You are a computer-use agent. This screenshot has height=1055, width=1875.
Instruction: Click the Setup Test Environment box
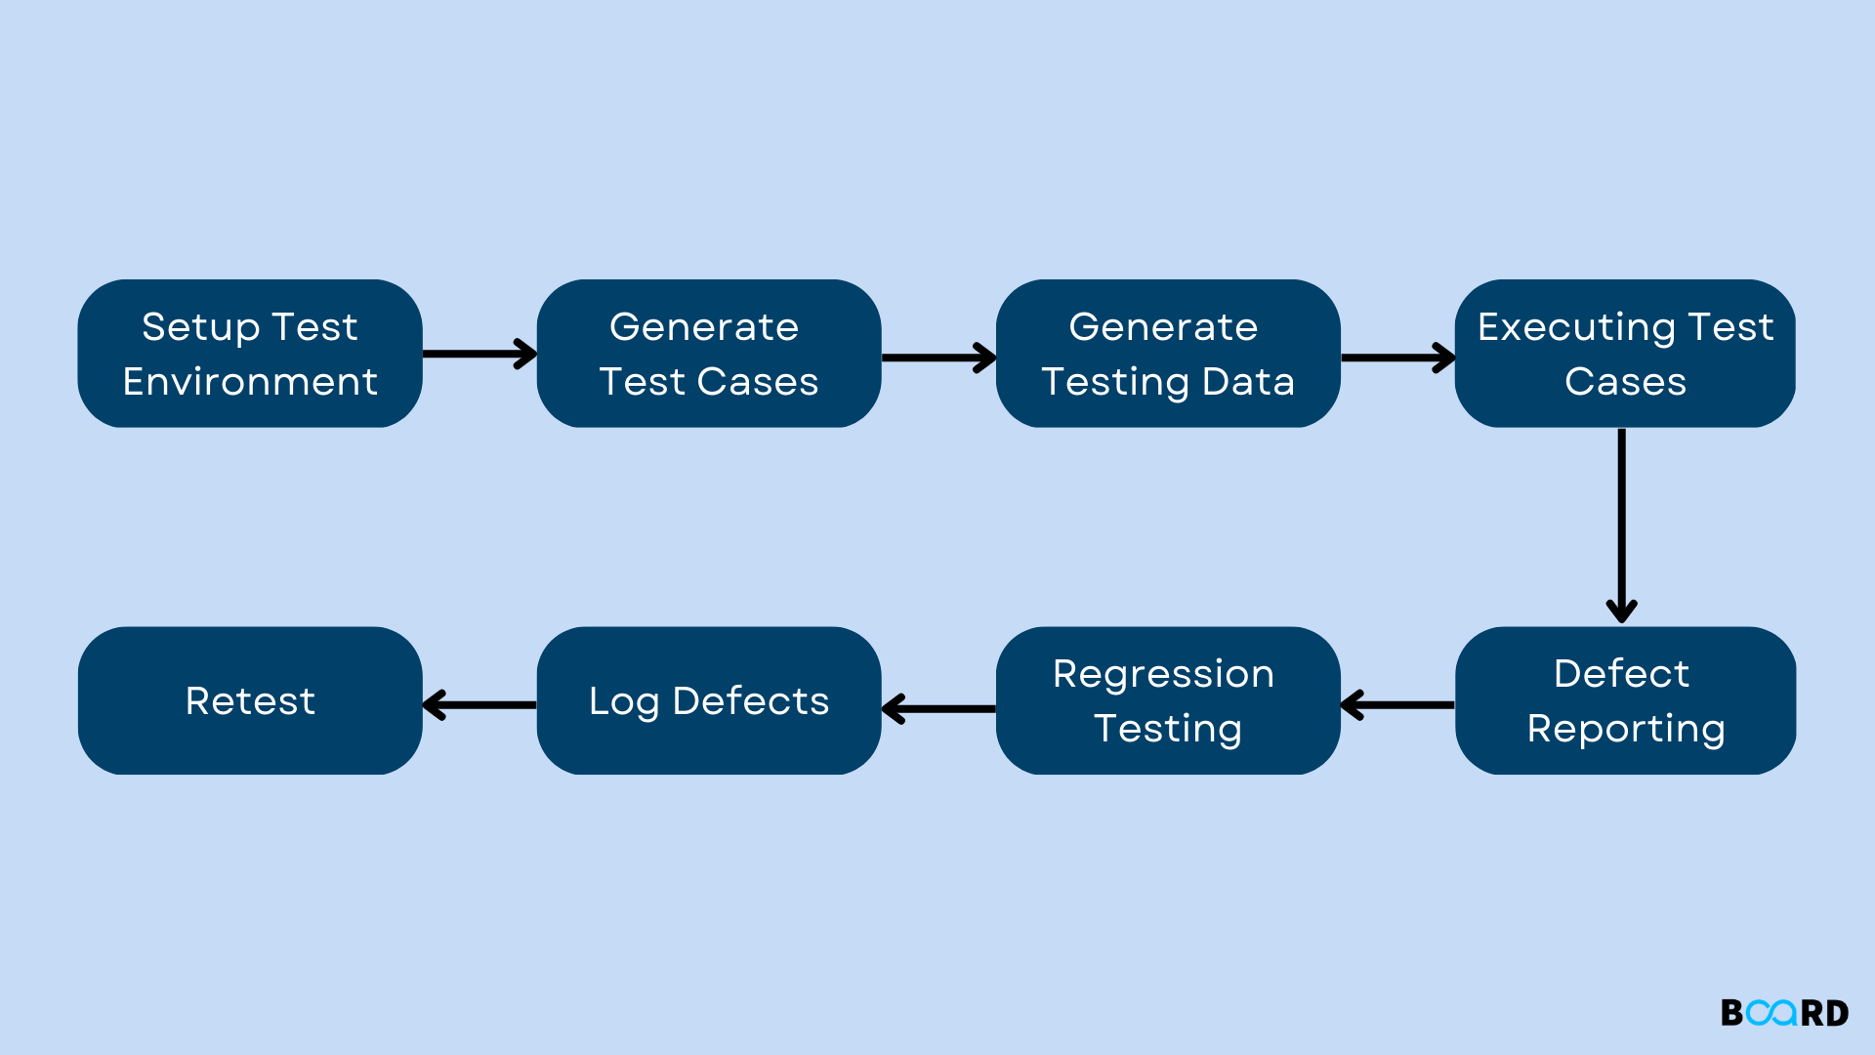click(250, 354)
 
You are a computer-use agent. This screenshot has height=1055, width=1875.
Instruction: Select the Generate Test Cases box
click(709, 354)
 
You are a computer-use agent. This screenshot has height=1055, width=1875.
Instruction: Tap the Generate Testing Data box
click(1168, 354)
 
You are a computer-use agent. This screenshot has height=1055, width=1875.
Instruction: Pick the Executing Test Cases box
click(1625, 354)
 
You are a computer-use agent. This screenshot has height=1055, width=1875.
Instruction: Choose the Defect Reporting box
click(1625, 700)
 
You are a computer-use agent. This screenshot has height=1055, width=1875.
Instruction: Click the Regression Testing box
click(1168, 700)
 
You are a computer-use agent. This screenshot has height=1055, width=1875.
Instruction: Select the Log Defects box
click(709, 700)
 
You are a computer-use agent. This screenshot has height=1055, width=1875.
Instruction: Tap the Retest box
click(250, 700)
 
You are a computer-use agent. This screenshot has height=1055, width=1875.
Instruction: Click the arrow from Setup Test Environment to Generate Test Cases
click(479, 354)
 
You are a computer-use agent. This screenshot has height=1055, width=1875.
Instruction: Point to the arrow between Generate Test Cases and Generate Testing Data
click(937, 358)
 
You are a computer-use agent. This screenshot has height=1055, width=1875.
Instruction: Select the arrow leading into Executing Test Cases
click(1397, 358)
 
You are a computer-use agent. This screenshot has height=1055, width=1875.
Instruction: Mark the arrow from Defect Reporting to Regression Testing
click(1397, 704)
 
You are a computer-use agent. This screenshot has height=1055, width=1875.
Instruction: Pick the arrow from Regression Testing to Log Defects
click(937, 708)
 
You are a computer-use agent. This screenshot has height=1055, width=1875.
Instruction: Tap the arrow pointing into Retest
click(479, 704)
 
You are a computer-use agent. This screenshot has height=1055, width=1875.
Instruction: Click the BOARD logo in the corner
click(1784, 1013)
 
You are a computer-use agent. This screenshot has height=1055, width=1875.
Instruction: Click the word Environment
click(250, 381)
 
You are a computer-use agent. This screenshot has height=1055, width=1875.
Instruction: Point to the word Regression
click(1163, 674)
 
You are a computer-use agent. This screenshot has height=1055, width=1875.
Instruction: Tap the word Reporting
click(1625, 729)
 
